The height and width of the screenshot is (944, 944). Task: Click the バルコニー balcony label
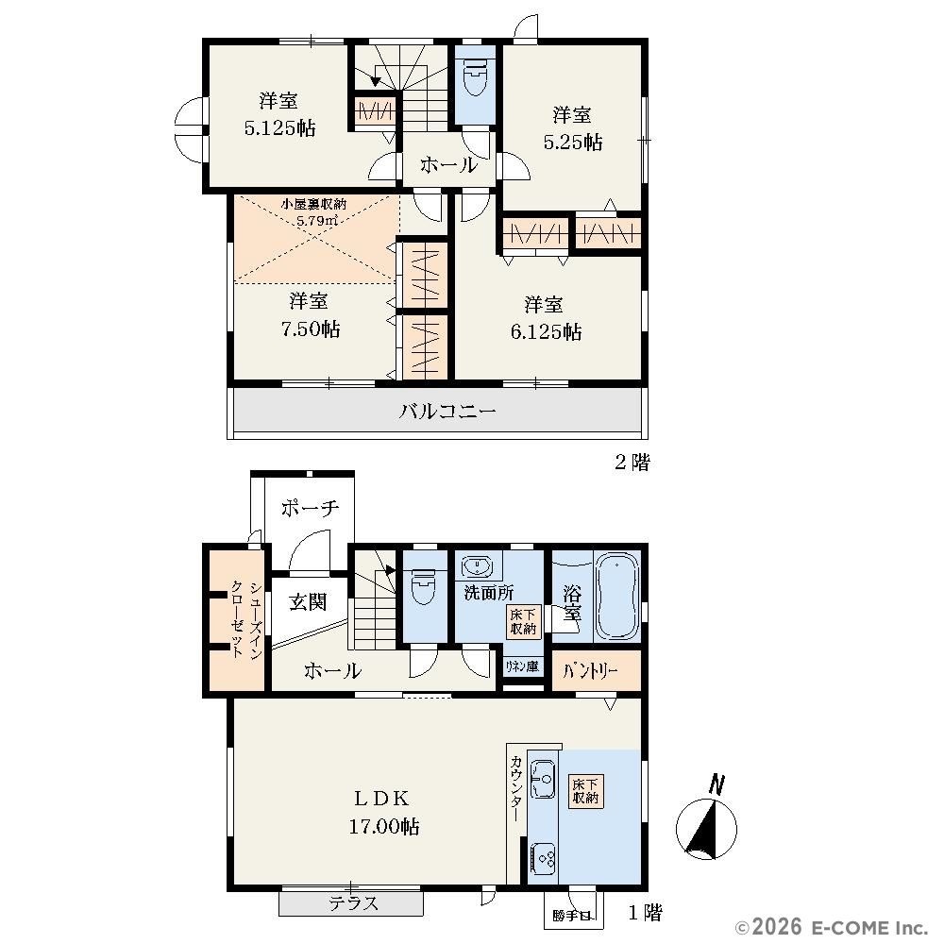pos(447,412)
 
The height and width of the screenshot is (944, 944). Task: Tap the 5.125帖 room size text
pos(280,127)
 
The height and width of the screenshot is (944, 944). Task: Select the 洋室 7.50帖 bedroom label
pos(310,314)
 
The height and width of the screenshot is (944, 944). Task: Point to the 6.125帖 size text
pos(546,331)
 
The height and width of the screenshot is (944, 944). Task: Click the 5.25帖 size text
pos(573,143)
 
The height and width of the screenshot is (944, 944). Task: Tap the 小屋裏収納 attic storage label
pos(313,204)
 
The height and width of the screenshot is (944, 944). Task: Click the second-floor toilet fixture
pos(475,77)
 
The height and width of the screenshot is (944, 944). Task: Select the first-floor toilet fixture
pos(423,586)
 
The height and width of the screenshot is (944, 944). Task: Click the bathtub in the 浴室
pos(617,596)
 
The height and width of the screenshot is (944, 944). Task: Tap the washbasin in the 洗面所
pos(478,566)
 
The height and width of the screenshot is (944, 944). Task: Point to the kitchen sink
pos(543,779)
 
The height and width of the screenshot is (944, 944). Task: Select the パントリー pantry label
pos(590,670)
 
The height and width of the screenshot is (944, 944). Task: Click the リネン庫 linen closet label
pos(521,666)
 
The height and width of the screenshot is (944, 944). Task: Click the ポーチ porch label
pos(310,509)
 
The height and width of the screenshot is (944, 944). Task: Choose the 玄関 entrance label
pos(308,601)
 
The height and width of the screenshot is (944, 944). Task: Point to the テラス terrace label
pos(353,903)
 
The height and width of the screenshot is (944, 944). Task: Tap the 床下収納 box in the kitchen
pos(585,790)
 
